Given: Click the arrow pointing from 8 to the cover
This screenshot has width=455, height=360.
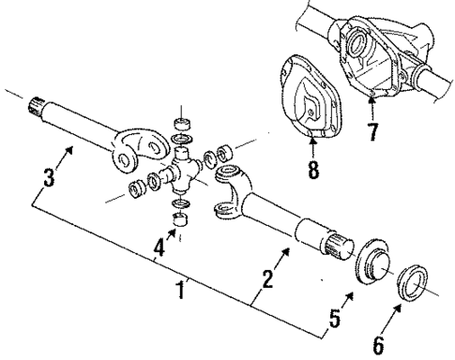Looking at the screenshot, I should (311, 149).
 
